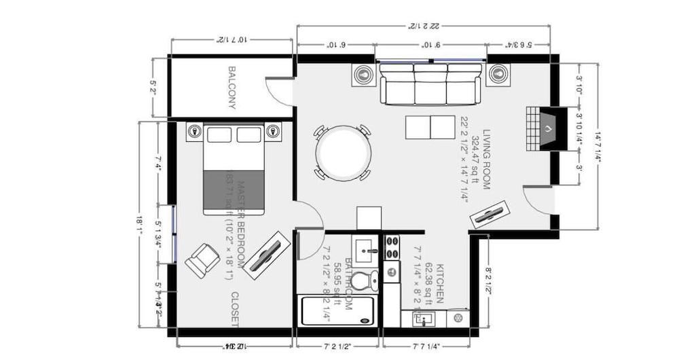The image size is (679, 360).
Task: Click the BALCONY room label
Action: pos(232,88)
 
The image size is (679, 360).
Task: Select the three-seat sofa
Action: pos(430,84)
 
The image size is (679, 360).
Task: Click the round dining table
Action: pos(344,153)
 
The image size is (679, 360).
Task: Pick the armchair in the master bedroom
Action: pos(201,260)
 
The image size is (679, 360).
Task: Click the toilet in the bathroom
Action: pos(367,279)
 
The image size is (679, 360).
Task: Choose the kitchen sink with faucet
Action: pos(425,318)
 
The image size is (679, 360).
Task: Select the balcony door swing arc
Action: pos(278,92)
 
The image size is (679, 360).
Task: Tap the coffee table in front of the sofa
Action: pos(430,126)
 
